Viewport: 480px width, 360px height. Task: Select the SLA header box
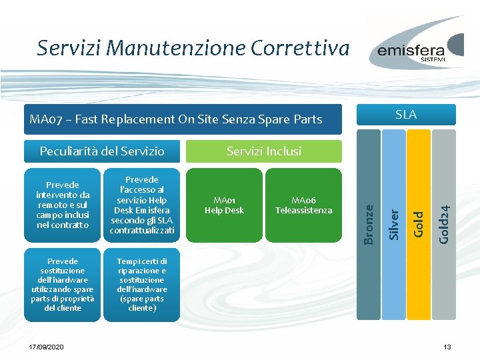pos(406,115)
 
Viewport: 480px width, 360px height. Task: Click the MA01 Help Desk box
pos(224,205)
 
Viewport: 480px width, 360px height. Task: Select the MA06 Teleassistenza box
pos(303,205)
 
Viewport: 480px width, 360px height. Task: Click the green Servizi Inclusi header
pos(263,151)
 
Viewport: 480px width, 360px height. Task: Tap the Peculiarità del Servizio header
pos(102,151)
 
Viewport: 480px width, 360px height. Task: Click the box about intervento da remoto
pos(63,205)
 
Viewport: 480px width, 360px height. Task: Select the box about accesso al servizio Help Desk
pos(142,205)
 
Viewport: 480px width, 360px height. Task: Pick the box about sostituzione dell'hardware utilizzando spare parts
pos(63,285)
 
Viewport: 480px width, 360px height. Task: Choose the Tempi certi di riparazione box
pos(142,285)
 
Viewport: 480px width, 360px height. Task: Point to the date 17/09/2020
pos(47,348)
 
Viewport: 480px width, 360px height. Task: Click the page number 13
pos(447,348)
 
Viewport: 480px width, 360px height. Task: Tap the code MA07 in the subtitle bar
pos(45,120)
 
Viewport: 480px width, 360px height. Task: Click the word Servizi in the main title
pos(69,48)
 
